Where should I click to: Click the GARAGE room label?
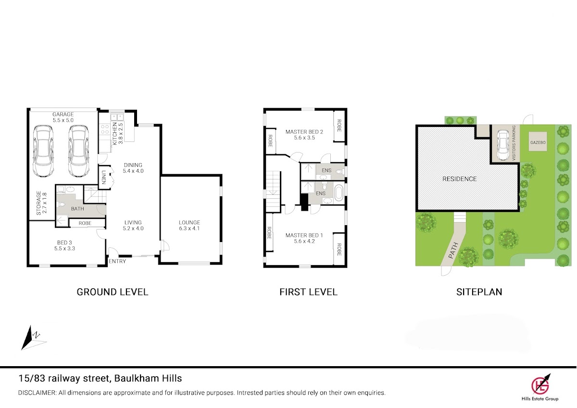coord(63,114)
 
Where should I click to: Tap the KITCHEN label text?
coord(115,133)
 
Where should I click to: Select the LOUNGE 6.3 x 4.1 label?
coord(189,225)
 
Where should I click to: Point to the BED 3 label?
coord(64,242)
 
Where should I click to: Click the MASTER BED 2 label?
coord(304,132)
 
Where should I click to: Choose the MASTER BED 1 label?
coord(304,235)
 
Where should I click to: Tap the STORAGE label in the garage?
coord(38,203)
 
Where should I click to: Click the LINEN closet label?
coord(104,178)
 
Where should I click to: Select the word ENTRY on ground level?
coord(117,261)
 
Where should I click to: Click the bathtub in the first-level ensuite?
coord(338,193)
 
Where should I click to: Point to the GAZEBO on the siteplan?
coord(538,141)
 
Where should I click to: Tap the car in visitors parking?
coord(503,145)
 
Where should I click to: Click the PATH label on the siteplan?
coord(453,250)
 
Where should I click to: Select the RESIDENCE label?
coord(460,179)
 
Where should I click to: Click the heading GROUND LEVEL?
coord(113,292)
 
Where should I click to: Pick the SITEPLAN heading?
coord(479,292)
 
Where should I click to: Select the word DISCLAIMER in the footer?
coord(37,393)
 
